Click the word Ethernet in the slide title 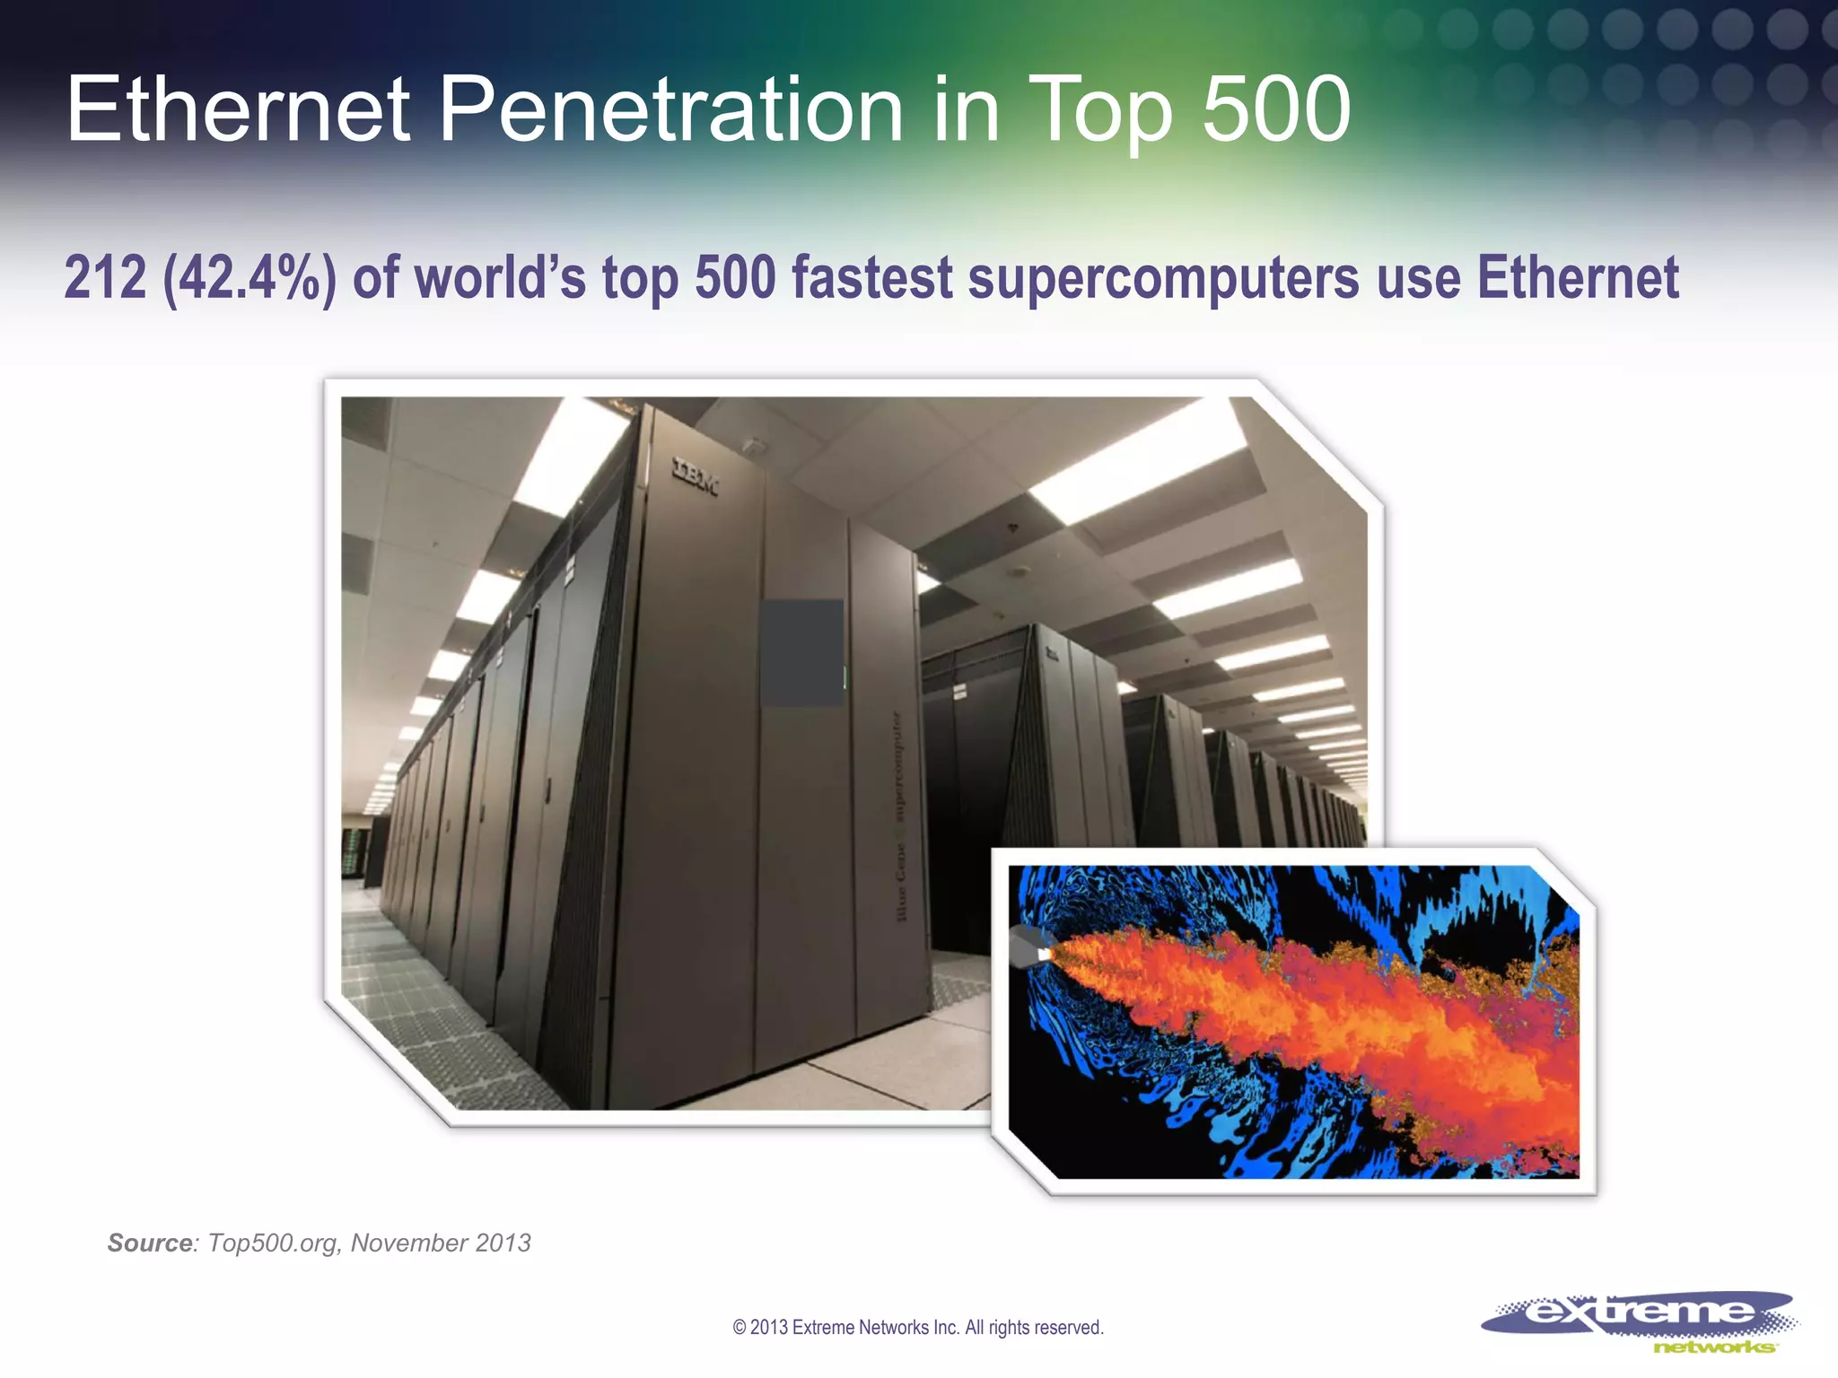point(238,109)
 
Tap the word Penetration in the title point(670,109)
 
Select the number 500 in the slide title point(1275,109)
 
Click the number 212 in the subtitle point(105,278)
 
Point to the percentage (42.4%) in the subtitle point(249,278)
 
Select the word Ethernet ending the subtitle point(1578,278)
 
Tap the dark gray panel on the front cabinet point(801,652)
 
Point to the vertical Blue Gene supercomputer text point(898,816)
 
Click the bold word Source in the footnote point(149,1243)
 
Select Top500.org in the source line point(273,1243)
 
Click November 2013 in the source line point(440,1243)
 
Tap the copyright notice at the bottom point(917,1328)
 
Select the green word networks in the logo point(1712,1347)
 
